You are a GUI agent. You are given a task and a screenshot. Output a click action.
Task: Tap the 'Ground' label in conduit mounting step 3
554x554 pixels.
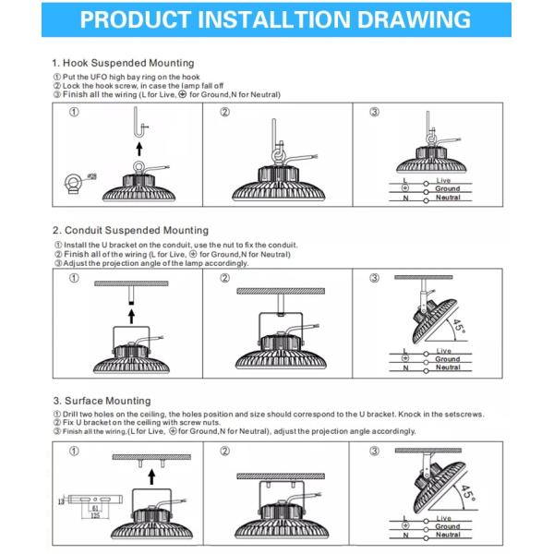pyautogui.click(x=448, y=359)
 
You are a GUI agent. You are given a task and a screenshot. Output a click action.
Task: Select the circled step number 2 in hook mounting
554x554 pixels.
pyautogui.click(x=224, y=113)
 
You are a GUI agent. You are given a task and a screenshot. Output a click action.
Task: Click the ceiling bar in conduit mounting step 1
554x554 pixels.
pyautogui.click(x=131, y=283)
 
